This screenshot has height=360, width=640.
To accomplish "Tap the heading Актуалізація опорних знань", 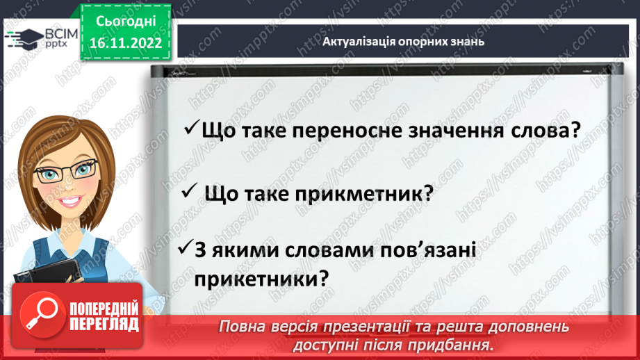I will tap(403, 41).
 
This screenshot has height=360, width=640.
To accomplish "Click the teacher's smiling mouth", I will tap(69, 202).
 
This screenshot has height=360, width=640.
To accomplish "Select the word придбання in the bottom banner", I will tap(461, 345).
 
